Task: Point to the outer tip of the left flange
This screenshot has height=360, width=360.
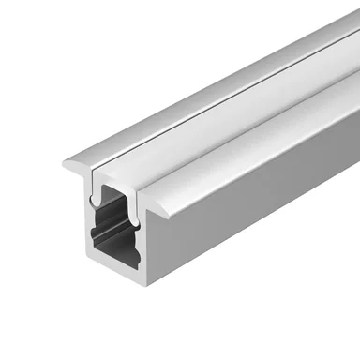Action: [x=65, y=165]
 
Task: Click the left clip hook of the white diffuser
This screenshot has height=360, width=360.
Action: [x=97, y=200]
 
